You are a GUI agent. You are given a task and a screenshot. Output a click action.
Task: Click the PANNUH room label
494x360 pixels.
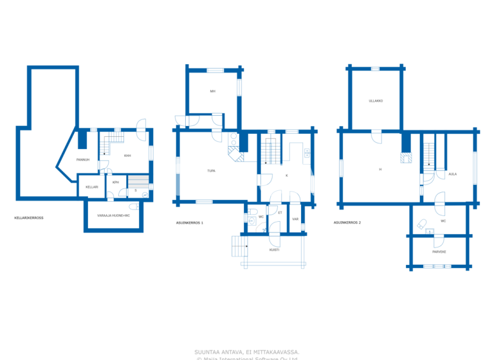click(82, 159)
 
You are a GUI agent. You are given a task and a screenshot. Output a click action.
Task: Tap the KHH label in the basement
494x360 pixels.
click(127, 156)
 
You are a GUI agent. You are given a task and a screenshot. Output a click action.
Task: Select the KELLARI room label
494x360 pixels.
click(91, 187)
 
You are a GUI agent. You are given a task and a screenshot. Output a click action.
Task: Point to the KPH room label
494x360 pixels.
click(115, 183)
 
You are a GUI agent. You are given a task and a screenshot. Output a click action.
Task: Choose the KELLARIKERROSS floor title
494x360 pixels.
click(28, 218)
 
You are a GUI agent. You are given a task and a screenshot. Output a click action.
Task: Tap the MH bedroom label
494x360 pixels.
click(212, 91)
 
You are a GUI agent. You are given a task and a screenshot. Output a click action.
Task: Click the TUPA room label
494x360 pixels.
click(211, 171)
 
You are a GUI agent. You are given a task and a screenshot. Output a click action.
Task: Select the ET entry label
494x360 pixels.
click(280, 212)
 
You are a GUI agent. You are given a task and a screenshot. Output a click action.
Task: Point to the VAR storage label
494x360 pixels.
click(295, 219)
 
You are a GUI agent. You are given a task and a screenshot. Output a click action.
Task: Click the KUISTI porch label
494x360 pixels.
click(274, 249)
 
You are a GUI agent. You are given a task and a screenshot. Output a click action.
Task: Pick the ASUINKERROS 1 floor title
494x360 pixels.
click(189, 222)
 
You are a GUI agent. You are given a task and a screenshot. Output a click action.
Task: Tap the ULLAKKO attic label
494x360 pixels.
click(376, 101)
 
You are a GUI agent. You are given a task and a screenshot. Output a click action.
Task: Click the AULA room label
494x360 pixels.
click(452, 174)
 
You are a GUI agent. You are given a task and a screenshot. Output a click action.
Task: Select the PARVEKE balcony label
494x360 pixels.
click(439, 251)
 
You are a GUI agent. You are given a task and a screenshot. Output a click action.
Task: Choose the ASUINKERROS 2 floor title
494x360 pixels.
click(347, 222)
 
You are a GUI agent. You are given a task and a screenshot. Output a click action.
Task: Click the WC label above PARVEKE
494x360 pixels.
click(444, 221)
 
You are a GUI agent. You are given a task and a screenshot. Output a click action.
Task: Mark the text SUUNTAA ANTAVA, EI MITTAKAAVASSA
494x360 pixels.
click(247, 352)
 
